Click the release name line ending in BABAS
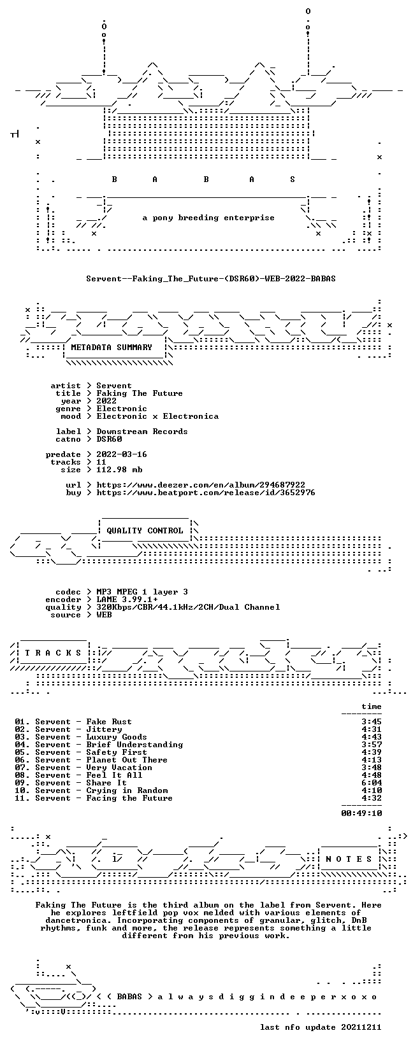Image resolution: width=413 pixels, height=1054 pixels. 211,279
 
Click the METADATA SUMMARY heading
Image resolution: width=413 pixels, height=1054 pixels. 112,348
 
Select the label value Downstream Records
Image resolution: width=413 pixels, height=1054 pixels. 142,432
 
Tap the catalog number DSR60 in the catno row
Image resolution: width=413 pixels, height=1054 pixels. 109,439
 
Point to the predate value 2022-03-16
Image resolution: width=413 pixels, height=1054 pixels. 122,454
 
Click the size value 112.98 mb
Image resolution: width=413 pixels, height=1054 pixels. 119,470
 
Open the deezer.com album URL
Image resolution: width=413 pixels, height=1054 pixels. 201,484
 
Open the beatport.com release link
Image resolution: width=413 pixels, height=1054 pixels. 206,493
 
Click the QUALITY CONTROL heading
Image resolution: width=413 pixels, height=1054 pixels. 145,531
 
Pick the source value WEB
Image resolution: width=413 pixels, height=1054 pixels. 104,615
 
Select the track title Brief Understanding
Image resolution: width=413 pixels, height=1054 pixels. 134,745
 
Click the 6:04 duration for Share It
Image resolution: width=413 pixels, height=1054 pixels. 372,783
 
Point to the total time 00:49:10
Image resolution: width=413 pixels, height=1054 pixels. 361,813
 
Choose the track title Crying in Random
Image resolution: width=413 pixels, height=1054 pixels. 127,791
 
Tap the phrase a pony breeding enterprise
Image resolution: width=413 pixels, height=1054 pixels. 208,218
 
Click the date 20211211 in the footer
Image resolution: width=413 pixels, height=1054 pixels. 361,1027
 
